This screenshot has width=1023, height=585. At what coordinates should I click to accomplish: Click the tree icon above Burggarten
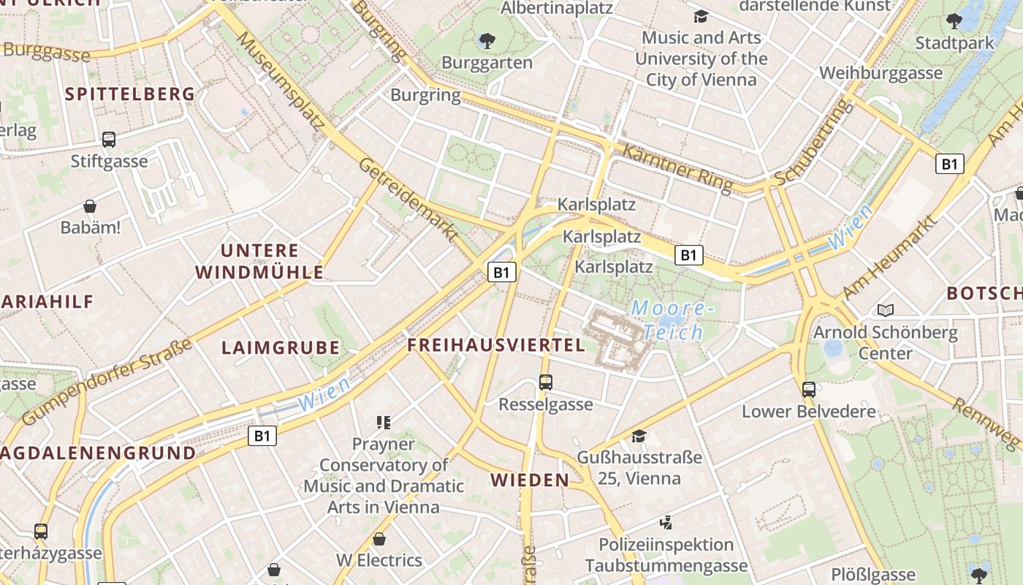pos(487,40)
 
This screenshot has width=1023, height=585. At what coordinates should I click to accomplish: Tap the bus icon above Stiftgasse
pos(109,139)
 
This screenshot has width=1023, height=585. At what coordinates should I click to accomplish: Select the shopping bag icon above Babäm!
pos(90,206)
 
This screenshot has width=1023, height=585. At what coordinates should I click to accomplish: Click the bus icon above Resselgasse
pos(545,382)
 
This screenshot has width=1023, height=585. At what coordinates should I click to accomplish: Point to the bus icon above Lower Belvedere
pos(808,389)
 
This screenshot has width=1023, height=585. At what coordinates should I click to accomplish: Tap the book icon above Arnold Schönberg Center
pos(886,311)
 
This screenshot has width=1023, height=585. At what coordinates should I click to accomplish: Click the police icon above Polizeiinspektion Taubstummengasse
pos(665,523)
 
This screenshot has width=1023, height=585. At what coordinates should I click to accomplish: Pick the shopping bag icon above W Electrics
pos(379,540)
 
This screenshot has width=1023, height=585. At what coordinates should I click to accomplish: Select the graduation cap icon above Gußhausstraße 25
pos(639,436)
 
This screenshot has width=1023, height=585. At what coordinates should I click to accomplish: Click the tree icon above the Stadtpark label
pos(954,20)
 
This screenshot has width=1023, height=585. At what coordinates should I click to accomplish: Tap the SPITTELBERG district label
pos(130,94)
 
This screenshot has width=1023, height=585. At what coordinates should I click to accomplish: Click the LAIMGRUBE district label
pos(281,347)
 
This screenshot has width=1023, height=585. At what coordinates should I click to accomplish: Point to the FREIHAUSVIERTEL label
pos(496,345)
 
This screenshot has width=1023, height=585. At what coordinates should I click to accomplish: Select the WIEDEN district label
pos(530,480)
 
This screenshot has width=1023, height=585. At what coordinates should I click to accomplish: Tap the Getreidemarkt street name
pos(408,199)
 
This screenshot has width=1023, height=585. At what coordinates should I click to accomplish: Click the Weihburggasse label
pos(881,73)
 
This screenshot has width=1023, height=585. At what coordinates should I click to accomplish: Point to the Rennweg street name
pos(987,423)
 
